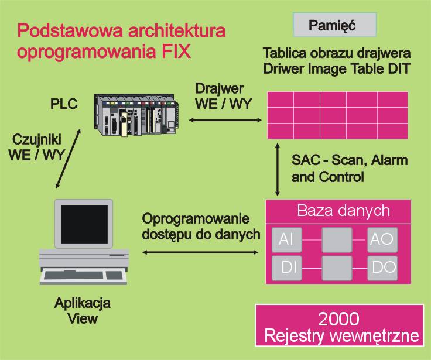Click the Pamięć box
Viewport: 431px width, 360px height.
coord(334,25)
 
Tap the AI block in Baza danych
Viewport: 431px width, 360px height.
coord(287,239)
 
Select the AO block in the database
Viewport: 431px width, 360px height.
coord(382,239)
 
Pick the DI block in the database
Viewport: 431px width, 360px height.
coord(287,268)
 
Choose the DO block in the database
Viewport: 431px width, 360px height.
coord(382,268)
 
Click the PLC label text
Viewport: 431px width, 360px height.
coord(64,104)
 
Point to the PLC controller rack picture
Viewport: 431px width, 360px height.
coord(136,115)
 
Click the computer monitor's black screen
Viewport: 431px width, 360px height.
coord(84,224)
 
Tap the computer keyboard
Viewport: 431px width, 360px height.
coord(84,276)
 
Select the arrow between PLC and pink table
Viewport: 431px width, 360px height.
coord(225,120)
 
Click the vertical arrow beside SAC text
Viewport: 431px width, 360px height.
coord(278,170)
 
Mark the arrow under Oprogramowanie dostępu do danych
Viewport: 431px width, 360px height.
coord(200,252)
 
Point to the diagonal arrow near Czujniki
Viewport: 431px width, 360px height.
coord(68,158)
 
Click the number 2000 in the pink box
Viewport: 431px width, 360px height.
coord(338,319)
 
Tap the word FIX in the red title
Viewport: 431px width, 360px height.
coord(176,52)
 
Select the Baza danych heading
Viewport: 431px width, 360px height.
coord(343,211)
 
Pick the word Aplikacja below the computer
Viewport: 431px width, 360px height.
coord(83,304)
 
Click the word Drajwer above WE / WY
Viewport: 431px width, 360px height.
coord(219,89)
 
